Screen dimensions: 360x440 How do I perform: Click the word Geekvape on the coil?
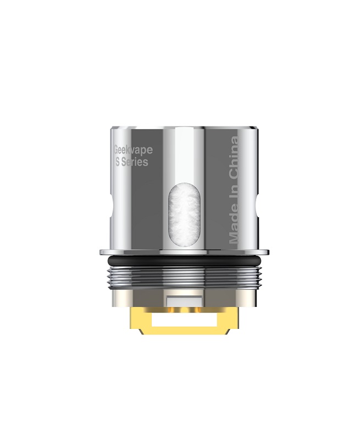(x=134, y=150)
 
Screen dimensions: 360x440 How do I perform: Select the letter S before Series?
(x=118, y=162)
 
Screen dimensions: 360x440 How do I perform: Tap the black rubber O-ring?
(x=184, y=260)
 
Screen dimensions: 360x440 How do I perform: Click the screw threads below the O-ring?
(x=184, y=277)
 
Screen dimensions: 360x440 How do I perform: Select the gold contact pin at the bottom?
(x=184, y=321)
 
